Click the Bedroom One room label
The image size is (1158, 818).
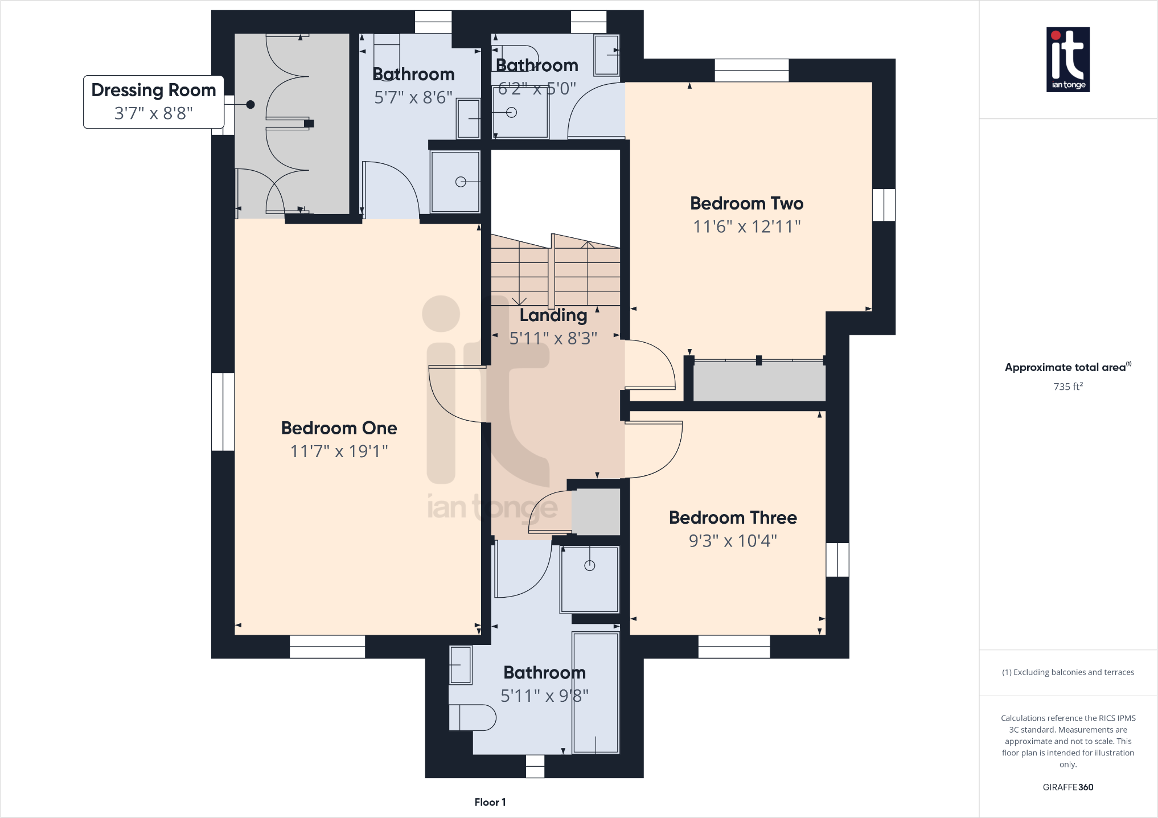339,428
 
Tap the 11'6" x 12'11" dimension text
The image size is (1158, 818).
746,227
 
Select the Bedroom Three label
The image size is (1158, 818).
733,517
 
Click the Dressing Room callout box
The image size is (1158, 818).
154,102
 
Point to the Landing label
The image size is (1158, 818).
553,315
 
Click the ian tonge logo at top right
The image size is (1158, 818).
1067,59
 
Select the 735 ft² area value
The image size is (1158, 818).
1067,387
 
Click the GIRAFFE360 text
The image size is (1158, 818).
1067,787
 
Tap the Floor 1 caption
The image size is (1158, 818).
490,802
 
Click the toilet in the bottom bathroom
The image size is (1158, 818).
473,717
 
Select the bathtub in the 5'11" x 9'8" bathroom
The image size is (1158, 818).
596,693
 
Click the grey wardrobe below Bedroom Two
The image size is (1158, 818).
759,381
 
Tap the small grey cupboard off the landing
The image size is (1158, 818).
596,512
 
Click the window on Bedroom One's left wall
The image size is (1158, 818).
223,412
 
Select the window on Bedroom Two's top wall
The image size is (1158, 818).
752,71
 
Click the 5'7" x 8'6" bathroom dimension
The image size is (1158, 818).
413,97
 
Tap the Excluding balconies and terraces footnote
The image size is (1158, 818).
1067,672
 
